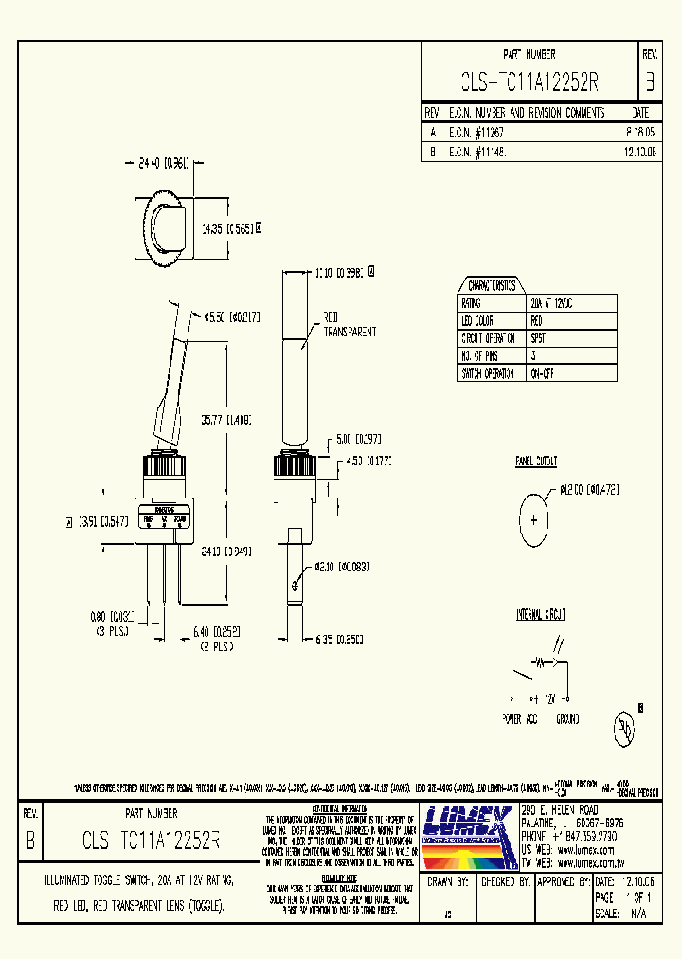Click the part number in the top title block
529,82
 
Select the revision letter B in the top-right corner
649,82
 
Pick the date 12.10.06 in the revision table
640,151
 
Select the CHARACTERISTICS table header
492,285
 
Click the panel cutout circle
534,519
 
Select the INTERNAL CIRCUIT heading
541,615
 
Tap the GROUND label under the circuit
566,719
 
